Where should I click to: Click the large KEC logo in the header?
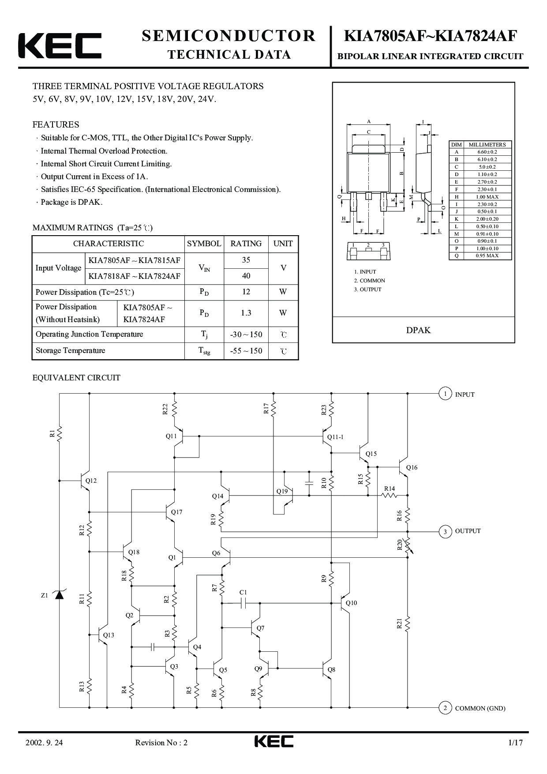point(60,45)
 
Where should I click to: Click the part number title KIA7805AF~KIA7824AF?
point(430,36)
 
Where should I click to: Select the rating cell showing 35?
point(246,260)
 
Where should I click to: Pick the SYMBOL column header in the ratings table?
point(204,244)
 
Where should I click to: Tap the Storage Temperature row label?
point(71,350)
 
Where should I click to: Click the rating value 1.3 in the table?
point(246,313)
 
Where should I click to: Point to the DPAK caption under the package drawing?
point(418,330)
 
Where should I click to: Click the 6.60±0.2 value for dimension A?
point(487,152)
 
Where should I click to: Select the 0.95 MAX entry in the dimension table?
point(487,255)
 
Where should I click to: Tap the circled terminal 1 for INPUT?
point(445,394)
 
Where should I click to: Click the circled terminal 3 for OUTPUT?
point(445,531)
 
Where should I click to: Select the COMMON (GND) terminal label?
point(480,708)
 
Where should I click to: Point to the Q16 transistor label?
point(412,467)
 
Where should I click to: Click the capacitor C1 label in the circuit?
point(243,592)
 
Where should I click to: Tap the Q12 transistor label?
point(91,481)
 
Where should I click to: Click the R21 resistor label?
point(399,624)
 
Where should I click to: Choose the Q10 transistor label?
point(352,603)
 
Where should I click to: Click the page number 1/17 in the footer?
point(515,743)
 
